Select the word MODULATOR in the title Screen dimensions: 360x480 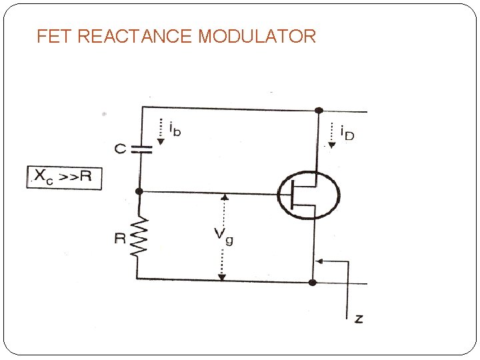click(x=257, y=36)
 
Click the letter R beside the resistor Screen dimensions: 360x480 click(x=120, y=238)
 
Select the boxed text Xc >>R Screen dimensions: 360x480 click(x=64, y=177)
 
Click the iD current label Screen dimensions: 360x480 click(x=347, y=133)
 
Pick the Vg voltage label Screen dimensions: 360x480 click(x=223, y=235)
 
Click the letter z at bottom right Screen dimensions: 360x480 click(x=359, y=319)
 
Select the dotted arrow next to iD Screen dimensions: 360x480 click(x=331, y=133)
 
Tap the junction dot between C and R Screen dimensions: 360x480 click(x=139, y=191)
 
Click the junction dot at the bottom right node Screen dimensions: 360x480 click(x=312, y=282)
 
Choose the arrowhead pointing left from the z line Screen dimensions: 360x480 click(x=318, y=262)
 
